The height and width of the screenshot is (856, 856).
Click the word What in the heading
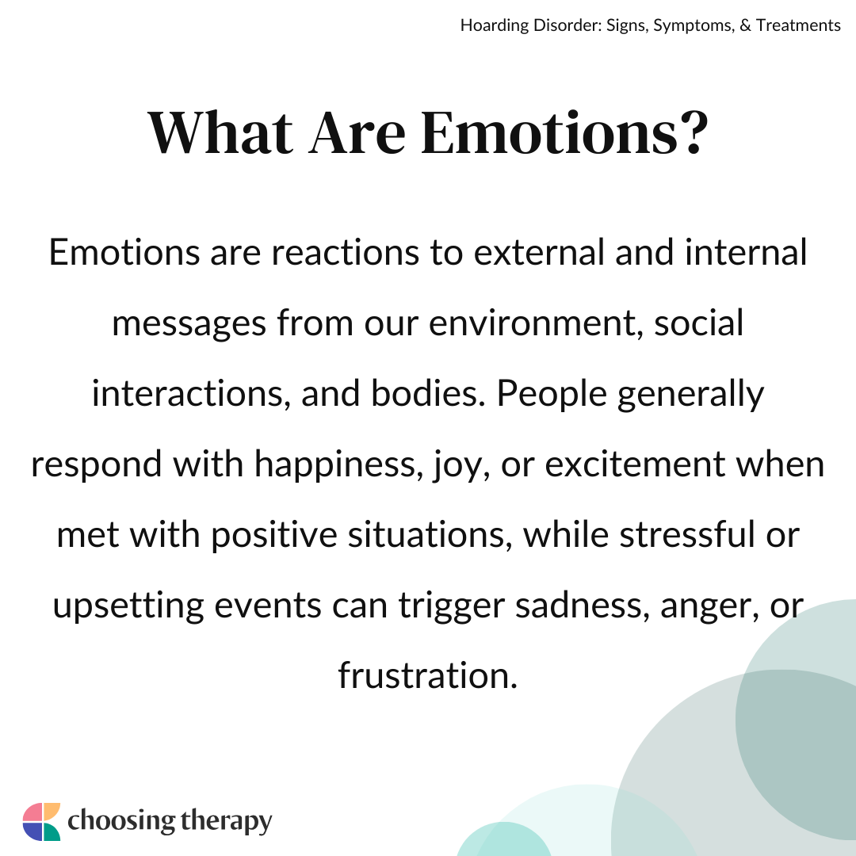coord(220,132)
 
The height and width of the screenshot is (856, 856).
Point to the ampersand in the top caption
coord(745,25)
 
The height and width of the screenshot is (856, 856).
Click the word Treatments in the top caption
coord(798,25)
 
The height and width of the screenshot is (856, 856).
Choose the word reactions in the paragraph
coord(345,252)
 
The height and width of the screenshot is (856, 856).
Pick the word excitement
coord(635,464)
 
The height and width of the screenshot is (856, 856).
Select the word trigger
coord(451,606)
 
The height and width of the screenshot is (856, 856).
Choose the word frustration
coord(428,676)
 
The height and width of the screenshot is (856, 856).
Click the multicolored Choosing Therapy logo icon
coord(41,822)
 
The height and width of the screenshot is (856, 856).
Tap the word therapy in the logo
coord(226,822)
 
